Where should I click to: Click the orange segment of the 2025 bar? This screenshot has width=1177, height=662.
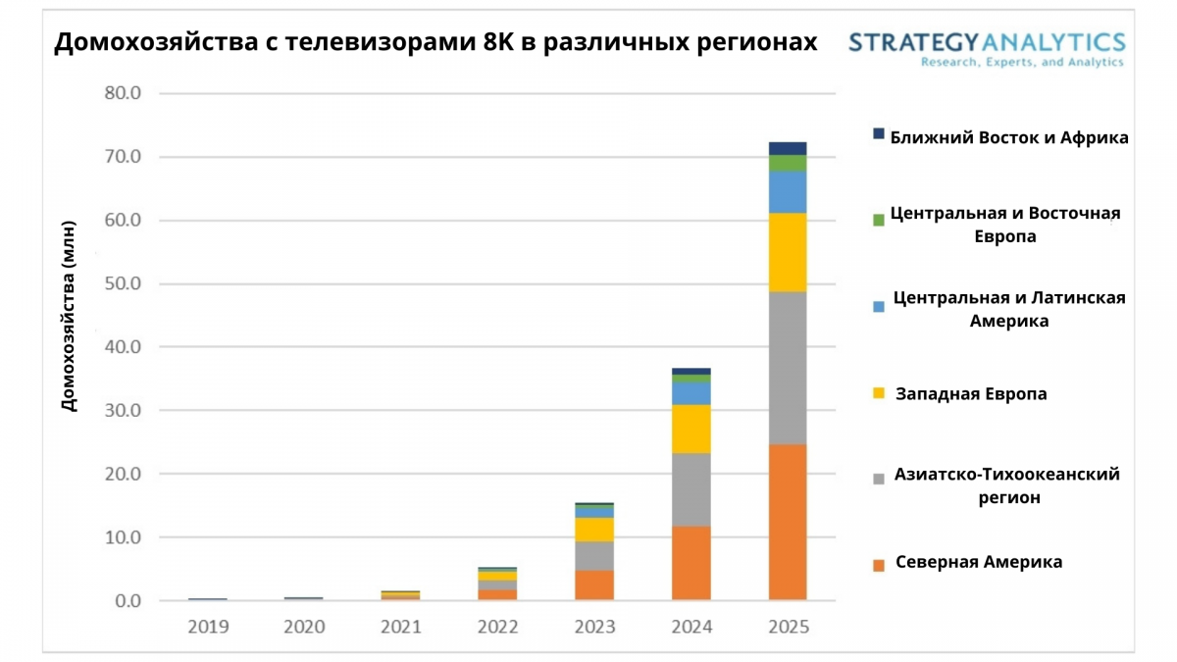click(788, 522)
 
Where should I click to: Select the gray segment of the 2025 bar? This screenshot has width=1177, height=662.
click(788, 368)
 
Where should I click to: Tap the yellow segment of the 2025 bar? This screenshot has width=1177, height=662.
click(788, 252)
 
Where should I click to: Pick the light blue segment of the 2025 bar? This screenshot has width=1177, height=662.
click(788, 192)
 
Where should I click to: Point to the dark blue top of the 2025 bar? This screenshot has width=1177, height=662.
click(788, 148)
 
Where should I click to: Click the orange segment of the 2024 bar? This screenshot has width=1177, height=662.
click(691, 563)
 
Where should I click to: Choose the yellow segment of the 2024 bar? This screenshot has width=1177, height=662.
click(691, 429)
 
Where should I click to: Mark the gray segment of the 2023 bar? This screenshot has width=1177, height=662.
click(594, 555)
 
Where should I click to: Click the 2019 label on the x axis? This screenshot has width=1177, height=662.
click(208, 627)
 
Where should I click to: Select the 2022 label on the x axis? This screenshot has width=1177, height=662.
click(497, 627)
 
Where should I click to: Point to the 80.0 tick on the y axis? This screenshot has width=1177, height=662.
click(123, 94)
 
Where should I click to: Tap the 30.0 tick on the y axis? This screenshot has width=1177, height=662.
click(123, 411)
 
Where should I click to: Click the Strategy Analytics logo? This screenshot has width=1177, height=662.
click(987, 47)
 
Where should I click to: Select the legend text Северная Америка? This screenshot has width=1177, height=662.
click(979, 562)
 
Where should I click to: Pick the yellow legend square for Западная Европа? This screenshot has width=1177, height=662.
click(878, 393)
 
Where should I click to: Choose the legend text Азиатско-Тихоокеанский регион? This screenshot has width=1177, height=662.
click(1006, 485)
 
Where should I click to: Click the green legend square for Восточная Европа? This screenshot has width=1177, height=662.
click(878, 220)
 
